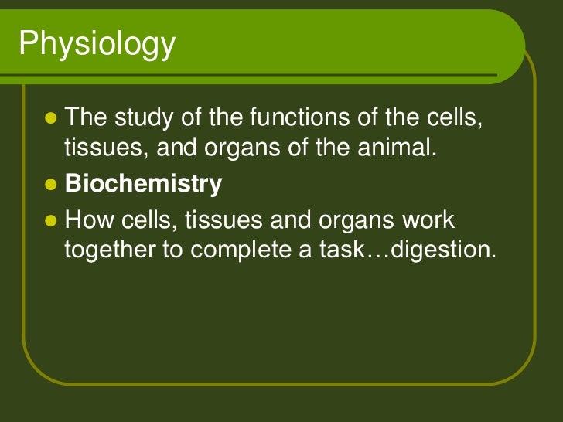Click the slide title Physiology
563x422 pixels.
click(x=97, y=46)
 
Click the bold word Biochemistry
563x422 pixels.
click(x=143, y=185)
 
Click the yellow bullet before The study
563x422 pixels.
click(x=52, y=119)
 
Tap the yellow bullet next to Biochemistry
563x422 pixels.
click(x=52, y=185)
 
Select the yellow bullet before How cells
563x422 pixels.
click(x=52, y=222)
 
